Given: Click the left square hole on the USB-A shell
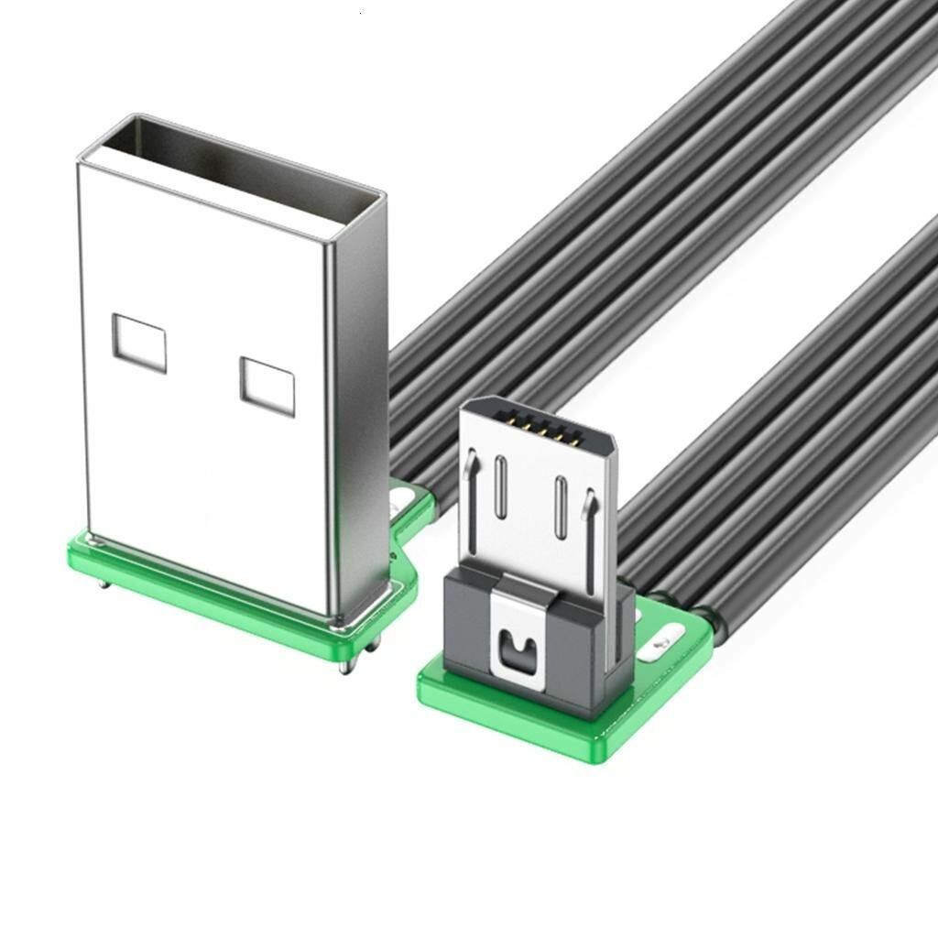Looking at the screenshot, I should pyautogui.click(x=140, y=344).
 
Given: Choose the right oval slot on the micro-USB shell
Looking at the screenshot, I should pyautogui.click(x=556, y=507).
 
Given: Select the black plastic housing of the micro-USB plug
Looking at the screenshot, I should pyautogui.click(x=473, y=632).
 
